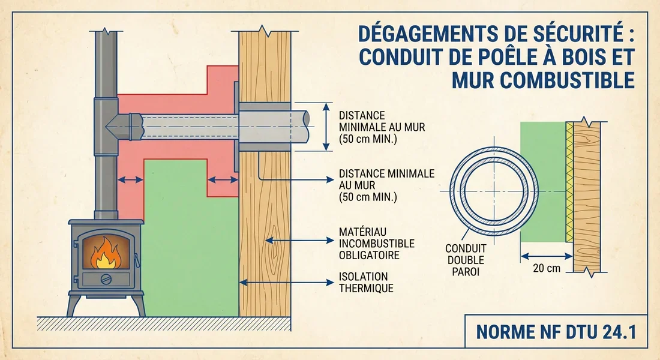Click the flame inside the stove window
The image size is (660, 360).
coord(105,254)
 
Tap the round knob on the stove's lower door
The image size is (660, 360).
coord(106,279)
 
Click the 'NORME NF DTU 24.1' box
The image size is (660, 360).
coord(556,331)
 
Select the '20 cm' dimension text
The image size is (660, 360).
coord(546,268)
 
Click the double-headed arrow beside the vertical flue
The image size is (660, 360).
coord(130,179)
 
